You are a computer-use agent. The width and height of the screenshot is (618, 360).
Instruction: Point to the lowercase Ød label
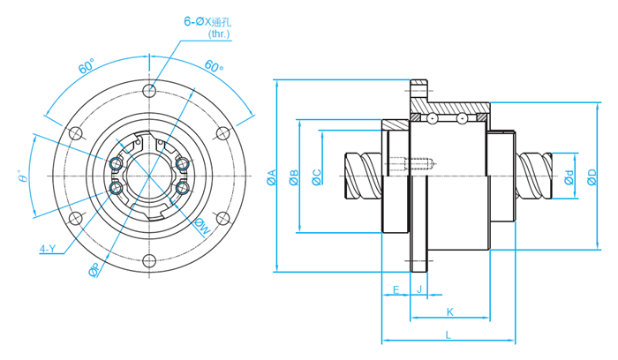click(x=569, y=178)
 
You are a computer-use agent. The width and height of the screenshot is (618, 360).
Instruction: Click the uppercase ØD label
click(x=592, y=178)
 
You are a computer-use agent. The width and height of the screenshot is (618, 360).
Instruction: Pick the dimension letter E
click(x=395, y=289)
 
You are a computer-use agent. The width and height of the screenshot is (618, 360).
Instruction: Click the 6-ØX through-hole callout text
click(x=206, y=19)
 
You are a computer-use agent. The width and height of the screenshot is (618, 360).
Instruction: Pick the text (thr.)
click(x=219, y=34)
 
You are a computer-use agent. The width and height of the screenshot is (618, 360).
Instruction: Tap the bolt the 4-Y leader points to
click(x=116, y=187)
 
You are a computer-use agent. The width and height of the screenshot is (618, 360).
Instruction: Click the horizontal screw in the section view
click(x=419, y=162)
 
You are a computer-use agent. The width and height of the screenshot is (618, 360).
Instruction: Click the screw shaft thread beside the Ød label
click(x=538, y=176)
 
